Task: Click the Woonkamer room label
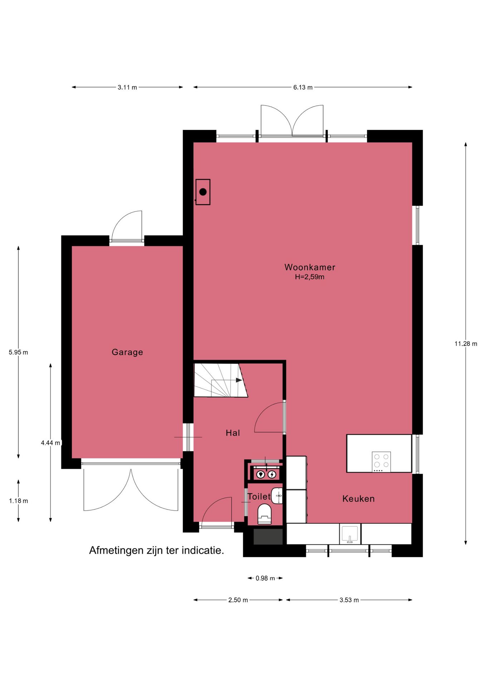click(310, 267)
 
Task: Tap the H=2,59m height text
click(310, 277)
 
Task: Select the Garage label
click(127, 352)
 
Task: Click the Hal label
click(233, 433)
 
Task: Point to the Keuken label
click(358, 498)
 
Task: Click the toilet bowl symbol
click(265, 513)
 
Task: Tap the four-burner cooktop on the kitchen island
click(381, 462)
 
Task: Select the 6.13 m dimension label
click(303, 87)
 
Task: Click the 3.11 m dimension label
click(127, 87)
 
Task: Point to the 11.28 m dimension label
click(466, 343)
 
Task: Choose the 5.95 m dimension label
click(18, 352)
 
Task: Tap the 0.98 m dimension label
click(265, 578)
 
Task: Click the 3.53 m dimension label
click(349, 600)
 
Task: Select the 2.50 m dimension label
click(238, 600)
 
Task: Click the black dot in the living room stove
click(203, 192)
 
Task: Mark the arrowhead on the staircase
click(239, 380)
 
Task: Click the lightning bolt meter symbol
click(272, 474)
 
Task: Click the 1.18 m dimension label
click(18, 501)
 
